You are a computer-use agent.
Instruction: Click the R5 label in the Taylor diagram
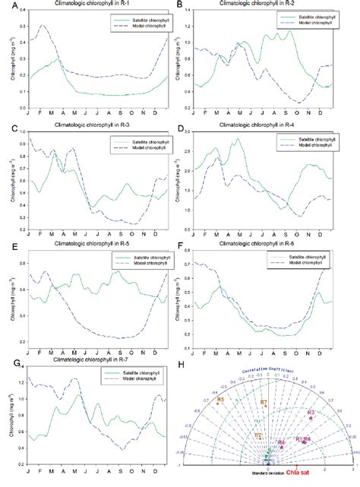[x=220, y=399]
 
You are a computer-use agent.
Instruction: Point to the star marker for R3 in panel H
[x=311, y=419]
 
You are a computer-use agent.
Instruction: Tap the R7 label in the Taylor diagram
[x=264, y=403]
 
